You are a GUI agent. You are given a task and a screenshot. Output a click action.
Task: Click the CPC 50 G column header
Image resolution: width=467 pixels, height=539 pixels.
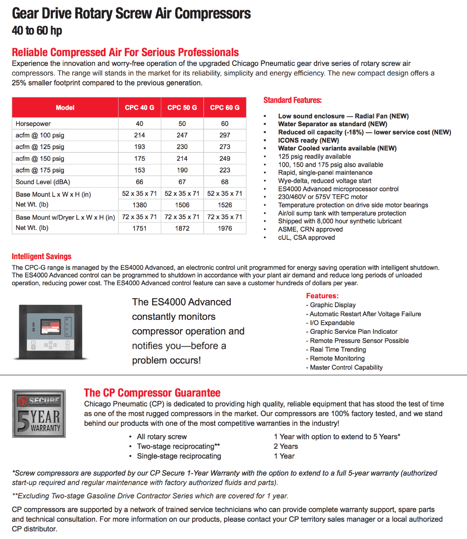point(182,107)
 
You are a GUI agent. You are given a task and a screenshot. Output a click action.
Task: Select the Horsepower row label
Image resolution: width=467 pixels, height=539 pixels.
point(33,124)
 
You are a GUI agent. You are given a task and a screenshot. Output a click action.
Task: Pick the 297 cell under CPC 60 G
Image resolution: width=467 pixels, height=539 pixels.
point(225,135)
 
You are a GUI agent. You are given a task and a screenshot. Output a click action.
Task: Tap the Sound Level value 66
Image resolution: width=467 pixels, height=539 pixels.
point(140,182)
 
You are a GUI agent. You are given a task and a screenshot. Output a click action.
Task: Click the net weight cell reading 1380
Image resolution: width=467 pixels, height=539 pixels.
point(140,205)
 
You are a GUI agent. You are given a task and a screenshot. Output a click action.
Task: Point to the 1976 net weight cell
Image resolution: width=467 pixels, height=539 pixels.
point(225,228)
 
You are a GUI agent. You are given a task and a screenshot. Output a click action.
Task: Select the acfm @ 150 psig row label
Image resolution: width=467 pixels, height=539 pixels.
point(40,159)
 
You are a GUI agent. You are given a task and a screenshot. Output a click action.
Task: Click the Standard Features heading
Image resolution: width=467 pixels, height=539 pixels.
point(292,100)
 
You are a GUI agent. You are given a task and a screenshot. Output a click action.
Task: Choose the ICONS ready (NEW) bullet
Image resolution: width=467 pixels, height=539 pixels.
point(308,140)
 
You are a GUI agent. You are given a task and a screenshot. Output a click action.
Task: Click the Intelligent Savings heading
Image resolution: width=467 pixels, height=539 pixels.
point(42,256)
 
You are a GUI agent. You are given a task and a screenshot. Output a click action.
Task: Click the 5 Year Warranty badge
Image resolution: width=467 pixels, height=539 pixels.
point(39,413)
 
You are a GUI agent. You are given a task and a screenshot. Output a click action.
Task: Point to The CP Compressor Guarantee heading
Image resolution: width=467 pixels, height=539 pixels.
point(152,393)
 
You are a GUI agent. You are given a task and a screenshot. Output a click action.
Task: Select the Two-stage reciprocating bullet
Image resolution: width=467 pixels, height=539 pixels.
point(178,446)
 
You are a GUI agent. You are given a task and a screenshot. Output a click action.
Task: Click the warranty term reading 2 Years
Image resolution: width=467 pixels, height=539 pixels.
point(286,446)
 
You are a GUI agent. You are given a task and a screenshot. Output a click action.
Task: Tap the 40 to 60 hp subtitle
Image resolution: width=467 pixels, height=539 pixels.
point(37,31)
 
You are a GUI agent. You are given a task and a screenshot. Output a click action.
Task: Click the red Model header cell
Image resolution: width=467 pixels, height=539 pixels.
point(65,107)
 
